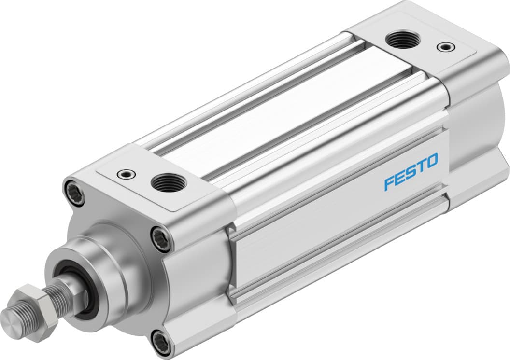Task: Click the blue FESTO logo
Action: (411, 171)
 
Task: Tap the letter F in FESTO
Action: (389, 183)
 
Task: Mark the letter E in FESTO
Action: (400, 177)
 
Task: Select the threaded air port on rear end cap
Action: (404, 39)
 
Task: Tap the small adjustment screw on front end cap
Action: (127, 173)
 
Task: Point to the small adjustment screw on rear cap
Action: (444, 47)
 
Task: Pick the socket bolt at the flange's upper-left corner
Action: (74, 192)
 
